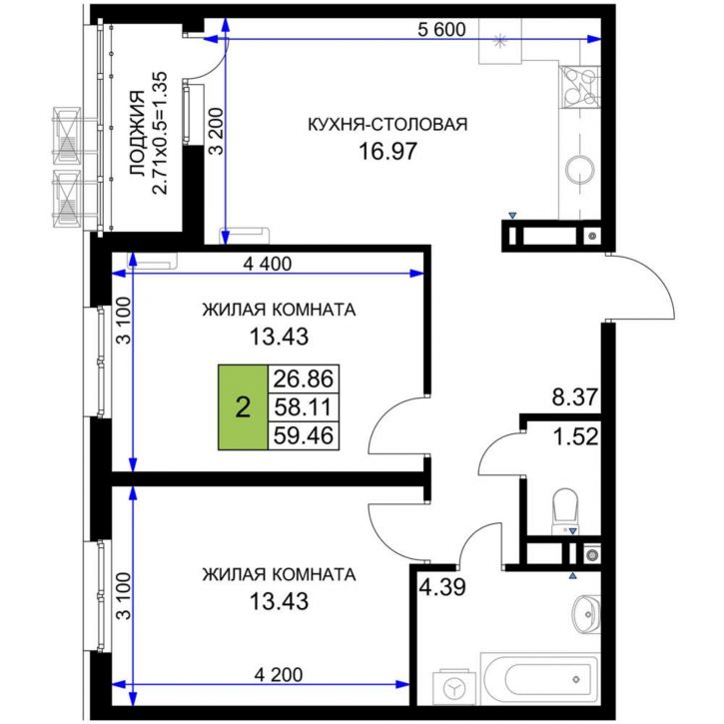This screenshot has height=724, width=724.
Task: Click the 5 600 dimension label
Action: (x=441, y=29)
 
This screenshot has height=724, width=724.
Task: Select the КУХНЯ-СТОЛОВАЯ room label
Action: (x=387, y=125)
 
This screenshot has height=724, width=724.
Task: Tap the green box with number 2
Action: (x=242, y=407)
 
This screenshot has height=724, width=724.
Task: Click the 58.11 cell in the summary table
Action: (x=306, y=407)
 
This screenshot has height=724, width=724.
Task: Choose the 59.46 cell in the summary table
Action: (x=306, y=435)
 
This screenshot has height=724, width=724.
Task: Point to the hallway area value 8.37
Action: (x=574, y=397)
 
